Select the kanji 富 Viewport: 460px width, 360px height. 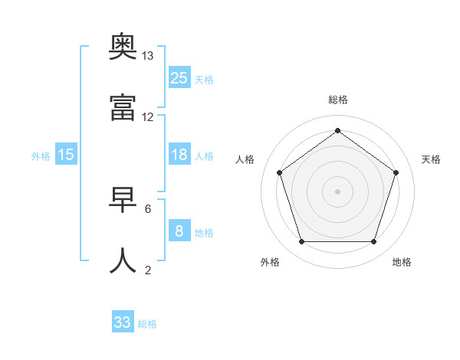coord(123,109)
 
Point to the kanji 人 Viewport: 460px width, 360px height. coord(123,260)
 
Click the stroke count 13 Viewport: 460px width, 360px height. coord(148,56)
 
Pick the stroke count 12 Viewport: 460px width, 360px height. coord(148,117)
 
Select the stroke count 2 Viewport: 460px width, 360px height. coord(148,269)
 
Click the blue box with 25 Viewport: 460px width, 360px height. coord(179,77)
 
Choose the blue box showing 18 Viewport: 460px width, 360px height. coord(179,155)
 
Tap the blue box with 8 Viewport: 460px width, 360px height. coord(179,231)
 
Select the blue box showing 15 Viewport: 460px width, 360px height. coord(66,155)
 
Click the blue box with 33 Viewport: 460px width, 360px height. coord(123,322)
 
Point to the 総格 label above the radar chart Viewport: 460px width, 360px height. coord(338,100)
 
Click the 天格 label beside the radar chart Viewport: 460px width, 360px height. coord(431,159)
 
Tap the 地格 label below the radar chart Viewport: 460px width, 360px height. coord(402,262)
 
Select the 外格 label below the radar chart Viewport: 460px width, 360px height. coord(270,262)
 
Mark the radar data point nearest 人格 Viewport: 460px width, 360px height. coord(280,172)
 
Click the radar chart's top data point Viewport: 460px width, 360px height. coord(338,130)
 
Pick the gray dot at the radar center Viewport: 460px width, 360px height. coord(338,191)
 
